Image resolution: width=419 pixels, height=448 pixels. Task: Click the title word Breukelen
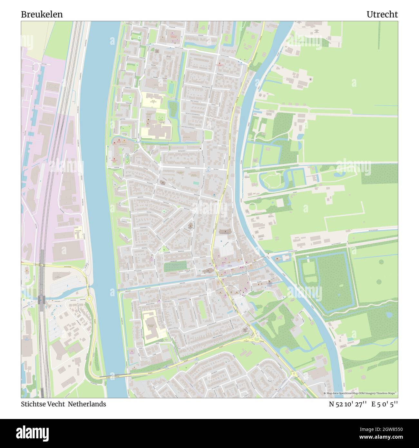point(42,15)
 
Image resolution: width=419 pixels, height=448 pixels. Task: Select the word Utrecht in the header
point(382,15)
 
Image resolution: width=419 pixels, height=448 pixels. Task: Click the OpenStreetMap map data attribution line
point(360,394)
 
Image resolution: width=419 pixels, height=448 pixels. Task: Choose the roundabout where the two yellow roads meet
point(257,339)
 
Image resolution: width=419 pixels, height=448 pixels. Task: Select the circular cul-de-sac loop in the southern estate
point(269,378)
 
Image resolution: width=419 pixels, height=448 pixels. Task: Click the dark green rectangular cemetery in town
point(175,267)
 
